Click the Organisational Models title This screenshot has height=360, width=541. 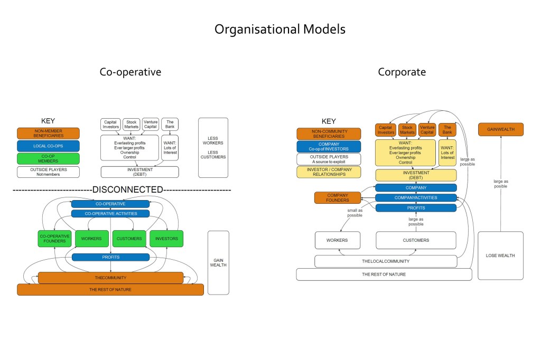(280, 30)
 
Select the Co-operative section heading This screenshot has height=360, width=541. (130, 72)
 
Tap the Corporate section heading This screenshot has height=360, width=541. (402, 72)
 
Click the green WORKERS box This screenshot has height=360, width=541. (91, 239)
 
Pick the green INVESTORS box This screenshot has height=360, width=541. (166, 239)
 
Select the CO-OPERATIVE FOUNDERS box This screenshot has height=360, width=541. (54, 239)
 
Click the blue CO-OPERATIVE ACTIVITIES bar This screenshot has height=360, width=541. (110, 214)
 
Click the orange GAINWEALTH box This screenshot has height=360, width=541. (500, 129)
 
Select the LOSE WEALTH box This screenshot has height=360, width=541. (500, 255)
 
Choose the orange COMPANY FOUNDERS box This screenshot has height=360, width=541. (338, 197)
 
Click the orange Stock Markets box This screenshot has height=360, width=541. (407, 129)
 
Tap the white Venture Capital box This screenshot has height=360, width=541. (151, 124)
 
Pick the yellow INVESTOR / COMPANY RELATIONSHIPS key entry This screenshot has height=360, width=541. (329, 172)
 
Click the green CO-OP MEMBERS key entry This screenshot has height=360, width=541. (48, 159)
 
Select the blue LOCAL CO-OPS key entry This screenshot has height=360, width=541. (48, 146)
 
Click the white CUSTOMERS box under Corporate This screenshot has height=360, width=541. (416, 240)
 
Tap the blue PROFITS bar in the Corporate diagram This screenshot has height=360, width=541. (416, 208)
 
